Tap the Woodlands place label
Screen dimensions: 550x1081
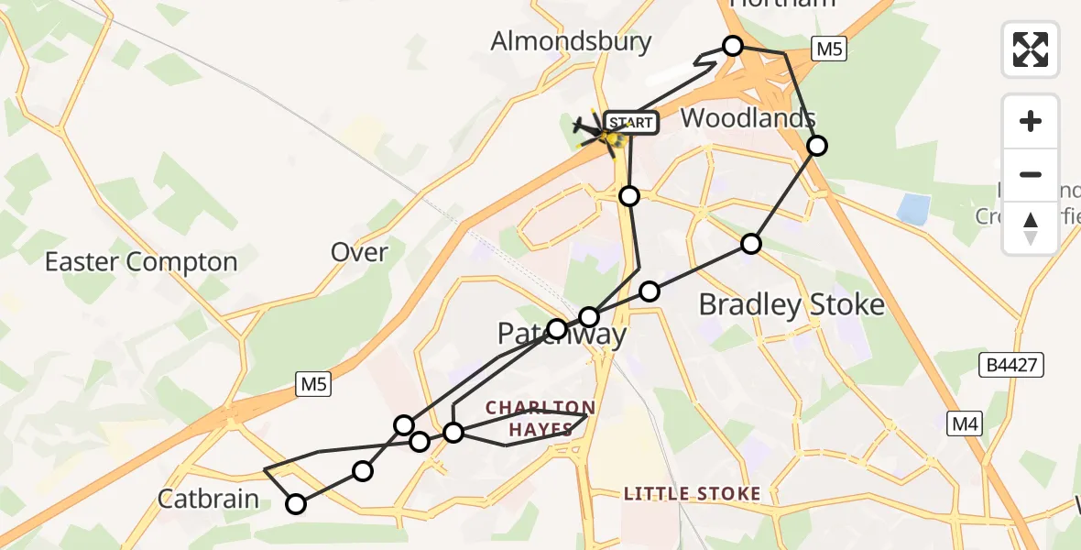click(748, 118)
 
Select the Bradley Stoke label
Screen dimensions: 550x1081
click(792, 305)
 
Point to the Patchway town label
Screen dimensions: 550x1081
click(562, 335)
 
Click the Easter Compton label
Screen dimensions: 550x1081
click(141, 262)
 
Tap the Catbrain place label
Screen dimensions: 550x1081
click(209, 500)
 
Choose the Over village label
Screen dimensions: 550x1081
click(360, 252)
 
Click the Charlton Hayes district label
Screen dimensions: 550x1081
click(540, 416)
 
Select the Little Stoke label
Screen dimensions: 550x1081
click(692, 494)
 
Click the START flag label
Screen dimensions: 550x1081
click(631, 123)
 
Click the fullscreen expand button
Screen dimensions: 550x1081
click(1031, 49)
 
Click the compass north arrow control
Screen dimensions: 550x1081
click(1031, 228)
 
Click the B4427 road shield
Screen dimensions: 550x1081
click(1011, 366)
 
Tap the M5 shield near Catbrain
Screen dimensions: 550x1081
click(313, 386)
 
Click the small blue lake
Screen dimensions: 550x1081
click(913, 210)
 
